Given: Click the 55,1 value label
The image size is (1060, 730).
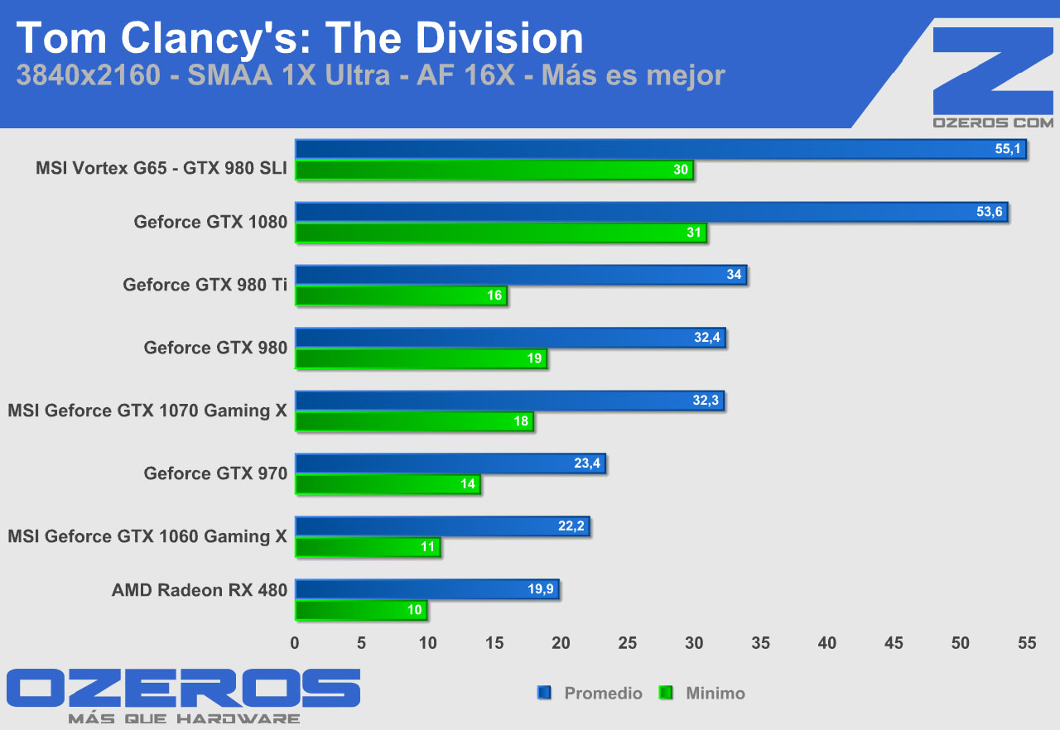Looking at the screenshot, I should (1009, 149).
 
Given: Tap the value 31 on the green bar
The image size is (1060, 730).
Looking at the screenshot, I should (694, 233).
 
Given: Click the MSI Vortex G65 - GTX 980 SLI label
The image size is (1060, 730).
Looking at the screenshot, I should (161, 168).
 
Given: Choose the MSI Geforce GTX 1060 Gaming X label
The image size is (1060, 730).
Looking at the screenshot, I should (147, 536).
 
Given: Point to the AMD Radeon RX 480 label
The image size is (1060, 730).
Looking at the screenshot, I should (200, 590).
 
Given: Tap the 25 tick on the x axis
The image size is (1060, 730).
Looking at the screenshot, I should (628, 643).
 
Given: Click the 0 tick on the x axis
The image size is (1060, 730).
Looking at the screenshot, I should (295, 643).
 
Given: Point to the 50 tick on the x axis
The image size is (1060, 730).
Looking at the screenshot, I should (961, 643).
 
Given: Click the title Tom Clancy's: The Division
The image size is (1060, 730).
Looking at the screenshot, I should (300, 39).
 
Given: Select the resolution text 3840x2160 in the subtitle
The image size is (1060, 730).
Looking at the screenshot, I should (87, 75).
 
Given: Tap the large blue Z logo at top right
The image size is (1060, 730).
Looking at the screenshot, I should (992, 70).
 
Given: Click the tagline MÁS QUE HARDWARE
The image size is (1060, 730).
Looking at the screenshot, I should (184, 718).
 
